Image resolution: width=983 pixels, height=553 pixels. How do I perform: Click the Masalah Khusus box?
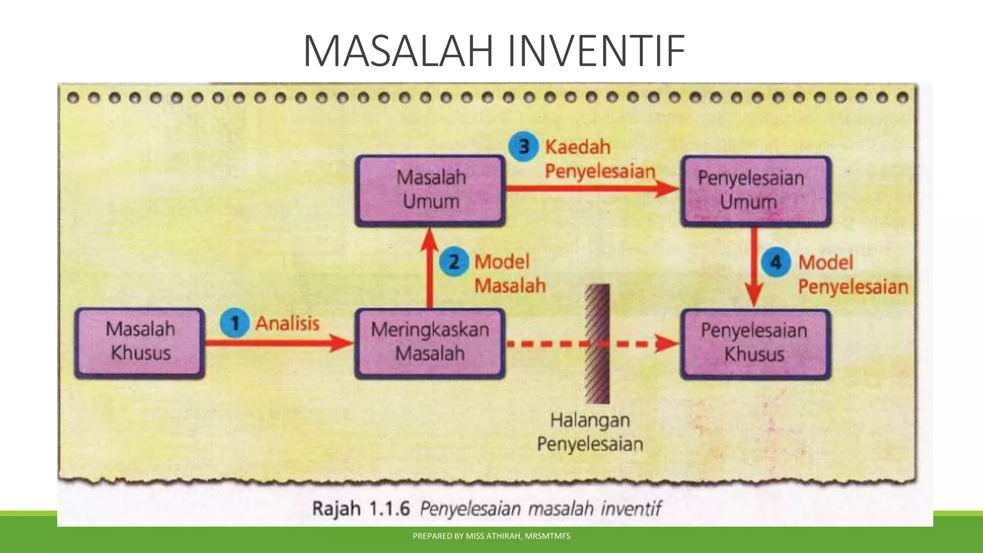[140, 343]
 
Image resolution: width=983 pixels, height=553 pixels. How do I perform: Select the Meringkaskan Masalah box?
[430, 343]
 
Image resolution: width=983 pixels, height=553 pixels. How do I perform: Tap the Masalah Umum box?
[430, 190]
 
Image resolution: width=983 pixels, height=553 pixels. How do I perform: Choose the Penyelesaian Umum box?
[755, 191]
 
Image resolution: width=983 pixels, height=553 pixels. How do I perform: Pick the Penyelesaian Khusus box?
[755, 344]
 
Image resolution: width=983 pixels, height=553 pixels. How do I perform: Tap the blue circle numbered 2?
[453, 262]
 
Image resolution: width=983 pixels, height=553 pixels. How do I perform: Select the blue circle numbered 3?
[523, 146]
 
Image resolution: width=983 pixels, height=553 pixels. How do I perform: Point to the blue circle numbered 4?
[775, 263]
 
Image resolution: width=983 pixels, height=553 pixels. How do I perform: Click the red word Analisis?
[287, 324]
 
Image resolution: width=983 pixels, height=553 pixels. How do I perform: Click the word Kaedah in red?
[577, 147]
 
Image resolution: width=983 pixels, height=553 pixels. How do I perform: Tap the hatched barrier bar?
[597, 344]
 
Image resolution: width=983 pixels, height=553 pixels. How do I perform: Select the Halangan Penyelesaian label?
[590, 432]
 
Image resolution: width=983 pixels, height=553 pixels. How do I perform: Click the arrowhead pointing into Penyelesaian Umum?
[668, 188]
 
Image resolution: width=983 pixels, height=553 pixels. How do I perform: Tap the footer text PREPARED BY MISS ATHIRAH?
[491, 536]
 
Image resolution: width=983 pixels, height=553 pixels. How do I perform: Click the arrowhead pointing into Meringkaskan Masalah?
[342, 343]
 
